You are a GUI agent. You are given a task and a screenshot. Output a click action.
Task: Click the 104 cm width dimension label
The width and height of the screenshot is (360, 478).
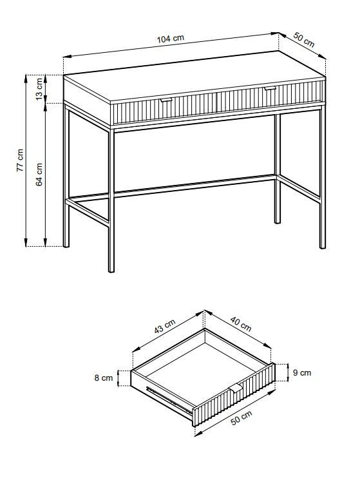[171, 39]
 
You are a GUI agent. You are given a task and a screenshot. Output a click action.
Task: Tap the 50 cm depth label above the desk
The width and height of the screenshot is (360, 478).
[303, 40]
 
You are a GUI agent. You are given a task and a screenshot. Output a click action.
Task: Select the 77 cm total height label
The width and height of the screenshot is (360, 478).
[20, 160]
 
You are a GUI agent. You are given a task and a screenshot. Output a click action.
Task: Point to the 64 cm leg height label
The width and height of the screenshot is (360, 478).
[39, 175]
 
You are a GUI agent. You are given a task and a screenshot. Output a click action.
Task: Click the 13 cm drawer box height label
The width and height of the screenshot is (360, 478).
[39, 89]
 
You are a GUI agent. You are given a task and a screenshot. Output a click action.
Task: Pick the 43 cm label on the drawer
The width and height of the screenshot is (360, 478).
[165, 326]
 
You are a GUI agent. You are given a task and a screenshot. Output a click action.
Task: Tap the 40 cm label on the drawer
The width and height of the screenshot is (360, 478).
[241, 324]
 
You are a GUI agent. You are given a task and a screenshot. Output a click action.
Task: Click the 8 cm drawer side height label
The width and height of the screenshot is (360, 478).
[103, 378]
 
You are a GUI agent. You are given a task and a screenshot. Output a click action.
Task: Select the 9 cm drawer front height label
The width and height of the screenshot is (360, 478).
[302, 372]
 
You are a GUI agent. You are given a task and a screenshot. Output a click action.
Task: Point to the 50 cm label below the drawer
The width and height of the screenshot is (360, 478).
[242, 417]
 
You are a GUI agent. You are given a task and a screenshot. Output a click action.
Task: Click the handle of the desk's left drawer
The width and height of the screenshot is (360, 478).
[166, 100]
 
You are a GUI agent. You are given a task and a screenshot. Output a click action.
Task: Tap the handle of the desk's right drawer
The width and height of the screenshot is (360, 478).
[270, 88]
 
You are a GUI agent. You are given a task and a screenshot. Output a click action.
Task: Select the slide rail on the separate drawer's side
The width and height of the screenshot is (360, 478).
[169, 400]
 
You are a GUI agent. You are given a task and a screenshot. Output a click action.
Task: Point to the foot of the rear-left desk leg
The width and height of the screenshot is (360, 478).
[66, 245]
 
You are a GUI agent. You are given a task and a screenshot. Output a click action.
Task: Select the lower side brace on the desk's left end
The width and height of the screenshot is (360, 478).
[88, 212]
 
